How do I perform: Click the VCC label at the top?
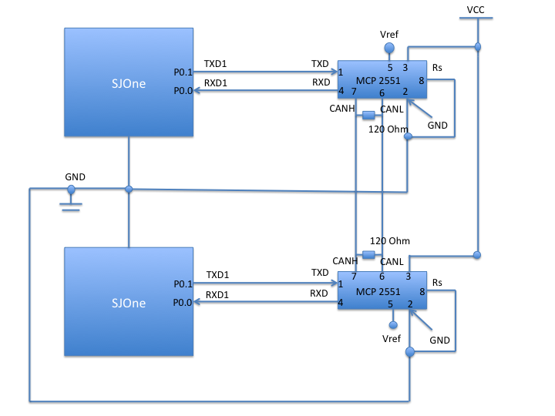[x=476, y=10]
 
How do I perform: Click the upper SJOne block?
[x=129, y=82]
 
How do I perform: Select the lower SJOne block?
[x=129, y=301]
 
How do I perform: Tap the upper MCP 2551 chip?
[x=382, y=79]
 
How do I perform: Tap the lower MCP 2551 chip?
[x=382, y=290]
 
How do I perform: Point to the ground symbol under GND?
[x=71, y=207]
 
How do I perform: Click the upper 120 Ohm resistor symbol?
[x=368, y=115]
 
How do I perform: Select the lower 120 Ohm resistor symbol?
[x=368, y=255]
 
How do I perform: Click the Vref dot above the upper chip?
[x=389, y=48]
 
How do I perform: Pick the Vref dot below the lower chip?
[x=393, y=325]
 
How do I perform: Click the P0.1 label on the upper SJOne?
[x=183, y=72]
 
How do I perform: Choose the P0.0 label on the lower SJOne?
[x=182, y=303]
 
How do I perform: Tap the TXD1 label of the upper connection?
[x=215, y=64]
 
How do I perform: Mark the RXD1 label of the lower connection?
[x=217, y=294]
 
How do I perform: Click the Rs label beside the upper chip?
[x=437, y=68]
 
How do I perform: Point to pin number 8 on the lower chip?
[x=422, y=292]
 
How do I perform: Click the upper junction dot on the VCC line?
[x=477, y=47]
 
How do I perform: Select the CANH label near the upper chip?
[x=342, y=109]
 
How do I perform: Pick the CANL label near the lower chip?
[x=392, y=262]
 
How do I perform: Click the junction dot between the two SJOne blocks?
[x=129, y=190]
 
